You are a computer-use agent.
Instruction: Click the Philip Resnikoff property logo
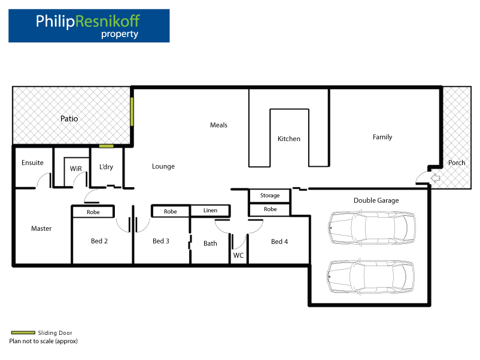point(89,26)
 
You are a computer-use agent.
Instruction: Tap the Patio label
point(69,118)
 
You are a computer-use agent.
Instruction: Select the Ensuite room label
point(32,163)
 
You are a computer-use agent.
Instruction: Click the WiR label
point(76,169)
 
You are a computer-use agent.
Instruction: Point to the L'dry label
point(106,167)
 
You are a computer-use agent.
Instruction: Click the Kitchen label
point(289,139)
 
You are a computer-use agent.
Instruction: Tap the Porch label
point(457,163)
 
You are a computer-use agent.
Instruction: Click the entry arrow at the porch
point(436,178)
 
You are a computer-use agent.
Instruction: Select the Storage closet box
point(269,196)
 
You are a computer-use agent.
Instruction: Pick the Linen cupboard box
point(210,210)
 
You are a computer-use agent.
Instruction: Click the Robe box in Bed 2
point(93,212)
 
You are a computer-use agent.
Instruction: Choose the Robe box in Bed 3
point(171,211)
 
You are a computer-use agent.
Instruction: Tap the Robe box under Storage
point(270,210)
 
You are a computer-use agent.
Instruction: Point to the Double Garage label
point(376,200)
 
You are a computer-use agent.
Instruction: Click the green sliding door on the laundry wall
point(107,146)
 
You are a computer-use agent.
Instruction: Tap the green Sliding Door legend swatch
point(23,332)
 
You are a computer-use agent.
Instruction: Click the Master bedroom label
point(41,228)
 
